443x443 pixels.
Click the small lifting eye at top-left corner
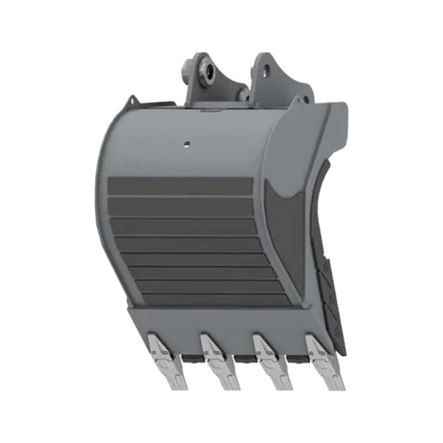click(128, 105)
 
